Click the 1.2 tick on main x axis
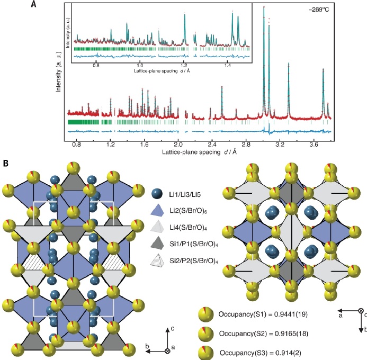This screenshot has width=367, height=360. [111, 143]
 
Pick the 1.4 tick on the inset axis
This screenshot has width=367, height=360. [228, 67]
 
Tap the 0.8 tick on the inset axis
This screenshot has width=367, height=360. [96, 67]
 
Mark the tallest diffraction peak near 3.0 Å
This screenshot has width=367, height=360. [264, 6]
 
